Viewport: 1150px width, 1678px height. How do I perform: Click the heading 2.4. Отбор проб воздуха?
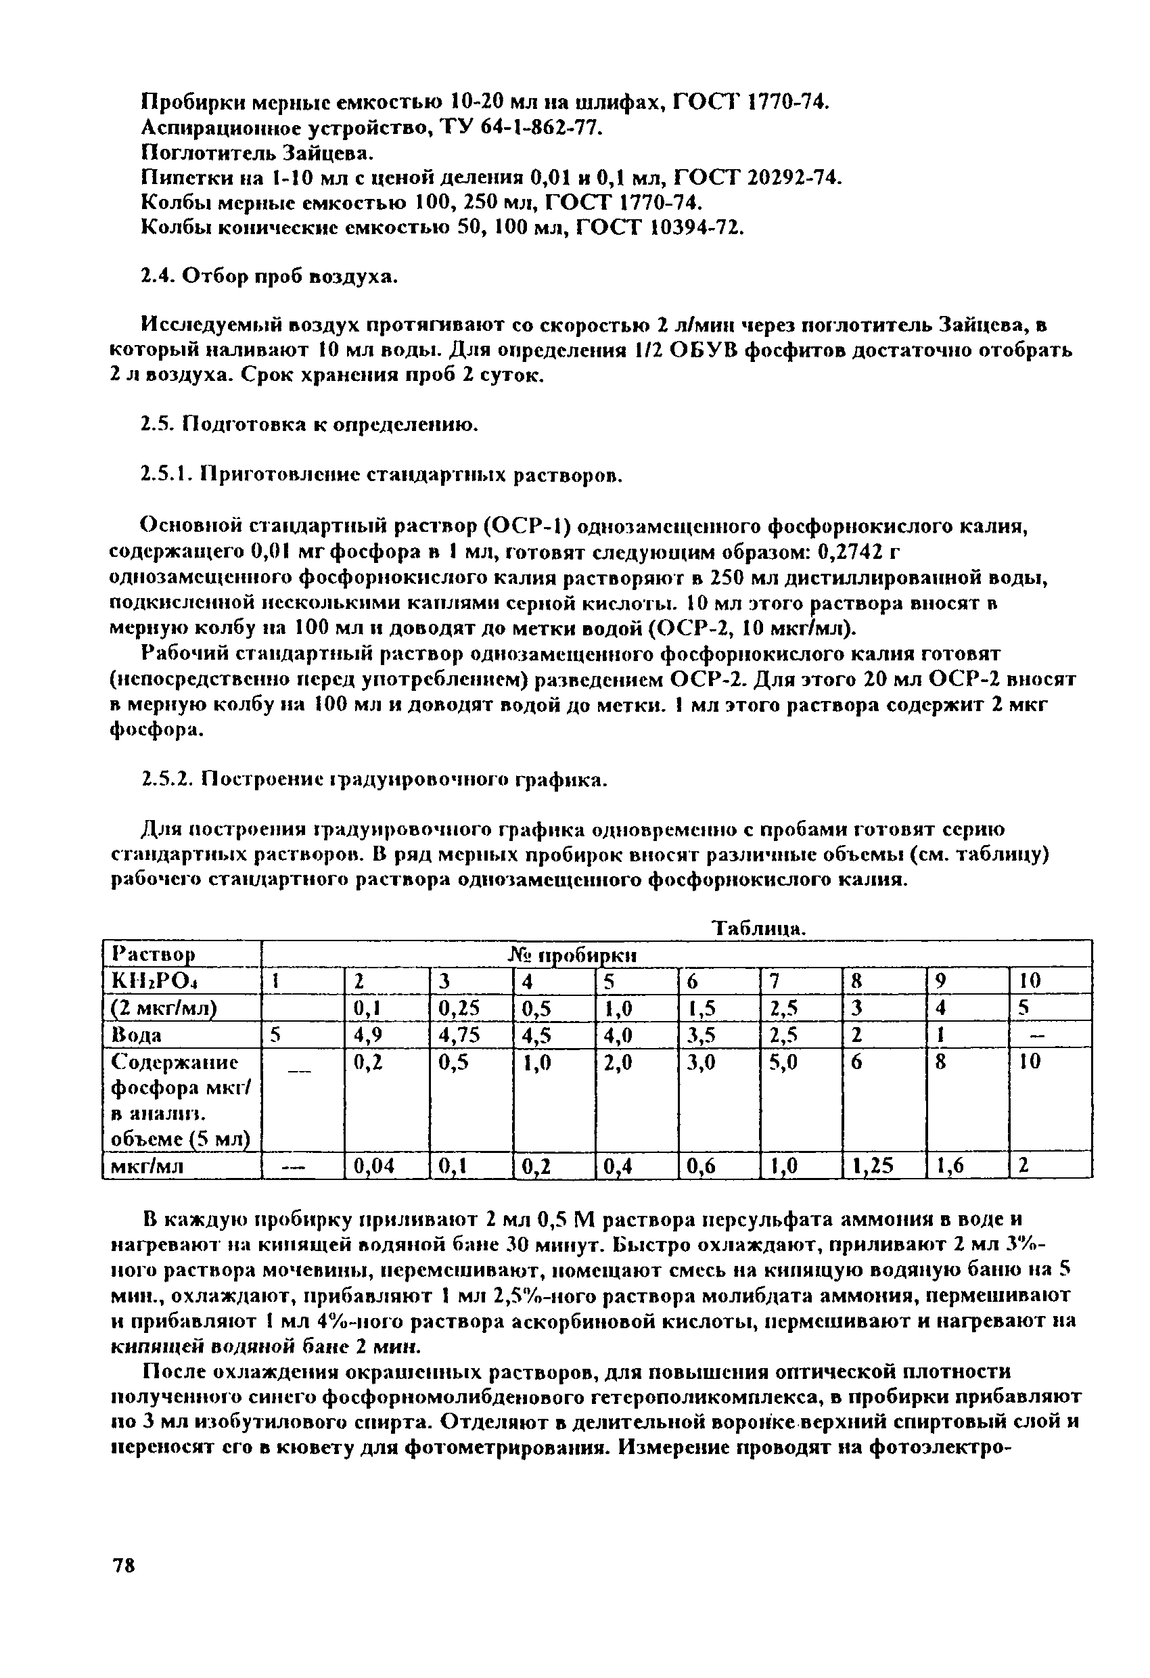coord(268,277)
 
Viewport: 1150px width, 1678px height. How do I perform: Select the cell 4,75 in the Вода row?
coord(459,1035)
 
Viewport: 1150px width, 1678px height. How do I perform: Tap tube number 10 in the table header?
coord(1030,981)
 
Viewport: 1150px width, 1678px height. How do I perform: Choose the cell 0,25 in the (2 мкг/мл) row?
coord(459,1008)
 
